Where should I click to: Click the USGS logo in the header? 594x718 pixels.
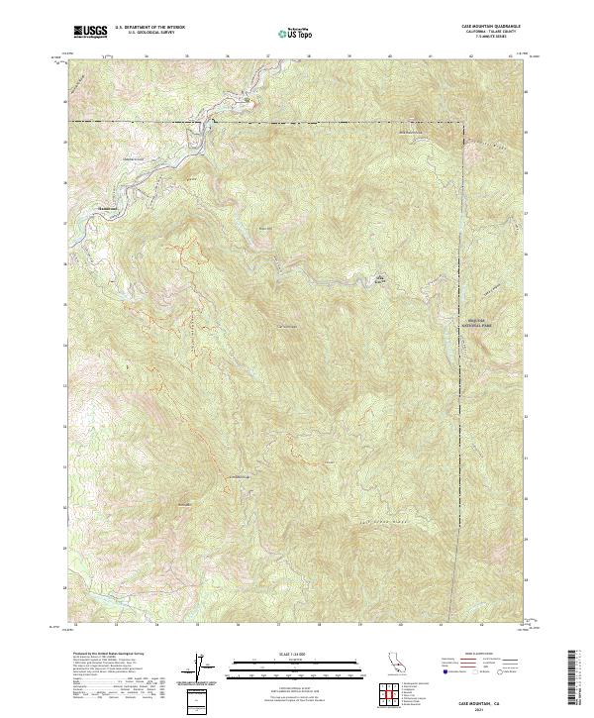tap(91, 32)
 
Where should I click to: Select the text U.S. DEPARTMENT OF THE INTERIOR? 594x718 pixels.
tap(149, 28)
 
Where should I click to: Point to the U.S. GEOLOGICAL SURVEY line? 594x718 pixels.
tap(149, 33)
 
